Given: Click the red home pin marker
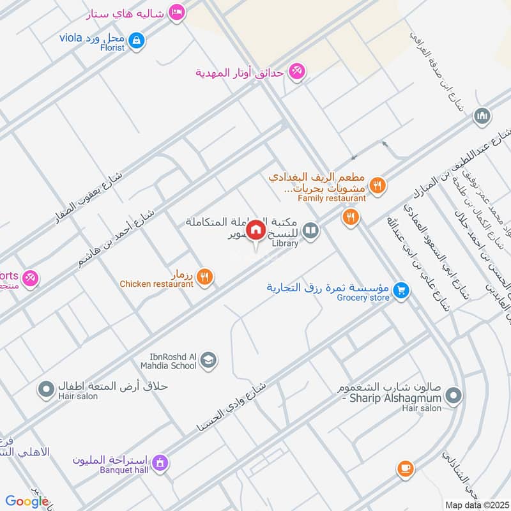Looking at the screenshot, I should [256, 230].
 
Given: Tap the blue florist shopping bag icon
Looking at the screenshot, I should [135, 42].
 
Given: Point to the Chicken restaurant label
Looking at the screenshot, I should [156, 284].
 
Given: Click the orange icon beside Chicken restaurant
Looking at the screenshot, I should [204, 276].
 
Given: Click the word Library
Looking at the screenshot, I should [285, 243].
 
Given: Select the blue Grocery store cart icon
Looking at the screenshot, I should [400, 290].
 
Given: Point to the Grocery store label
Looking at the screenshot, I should [363, 298].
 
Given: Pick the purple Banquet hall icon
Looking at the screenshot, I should [160, 461].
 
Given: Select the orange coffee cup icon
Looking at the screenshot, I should [404, 469].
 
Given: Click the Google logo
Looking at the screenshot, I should [26, 501].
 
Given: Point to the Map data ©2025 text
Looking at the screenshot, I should [476, 505].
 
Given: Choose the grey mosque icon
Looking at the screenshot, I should [482, 117].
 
